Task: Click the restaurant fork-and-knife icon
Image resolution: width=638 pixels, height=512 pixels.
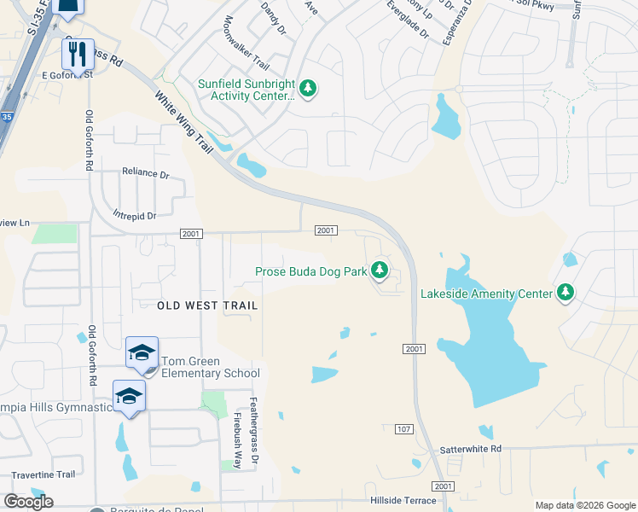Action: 77,54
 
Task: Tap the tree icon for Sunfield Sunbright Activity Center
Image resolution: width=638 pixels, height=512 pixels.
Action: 308,89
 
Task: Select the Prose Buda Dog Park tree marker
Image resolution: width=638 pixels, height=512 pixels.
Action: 380,272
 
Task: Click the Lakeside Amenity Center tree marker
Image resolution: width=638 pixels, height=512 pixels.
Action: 565,294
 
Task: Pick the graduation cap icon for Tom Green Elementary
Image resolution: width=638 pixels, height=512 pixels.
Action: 142,352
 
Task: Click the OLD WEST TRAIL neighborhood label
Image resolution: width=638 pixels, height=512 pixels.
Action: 207,305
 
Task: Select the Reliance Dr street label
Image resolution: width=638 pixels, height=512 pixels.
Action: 146,172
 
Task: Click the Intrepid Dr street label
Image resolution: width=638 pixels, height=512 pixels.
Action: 135,216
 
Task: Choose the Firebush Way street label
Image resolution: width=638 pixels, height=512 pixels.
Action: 238,440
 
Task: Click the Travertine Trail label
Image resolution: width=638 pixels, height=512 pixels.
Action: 43,474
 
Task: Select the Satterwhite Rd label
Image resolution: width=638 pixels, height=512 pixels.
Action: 471,449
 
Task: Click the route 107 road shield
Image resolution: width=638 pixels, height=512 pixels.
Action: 404,428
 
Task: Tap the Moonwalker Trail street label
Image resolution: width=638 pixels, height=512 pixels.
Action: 246,44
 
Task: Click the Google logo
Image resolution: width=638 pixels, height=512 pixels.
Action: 28,502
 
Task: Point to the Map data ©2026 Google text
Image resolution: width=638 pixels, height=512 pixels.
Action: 585,505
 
